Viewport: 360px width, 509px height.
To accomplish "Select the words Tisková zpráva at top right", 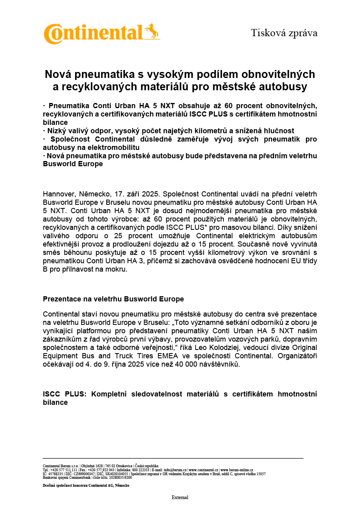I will (284, 33).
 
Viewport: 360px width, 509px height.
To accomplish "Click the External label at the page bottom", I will (180, 497).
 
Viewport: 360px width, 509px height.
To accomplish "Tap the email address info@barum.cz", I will (175, 470).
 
